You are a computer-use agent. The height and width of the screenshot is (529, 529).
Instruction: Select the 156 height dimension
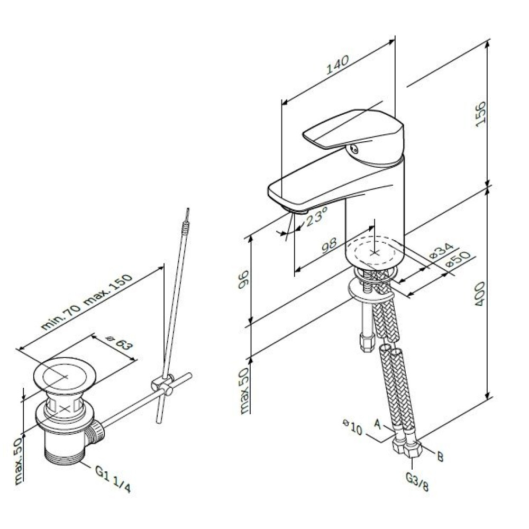coord(481,114)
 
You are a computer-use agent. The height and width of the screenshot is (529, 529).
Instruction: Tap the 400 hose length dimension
coord(480,294)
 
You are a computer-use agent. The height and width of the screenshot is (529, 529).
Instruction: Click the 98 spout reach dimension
coord(329,245)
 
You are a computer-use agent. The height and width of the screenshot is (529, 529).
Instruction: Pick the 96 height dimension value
coord(243,280)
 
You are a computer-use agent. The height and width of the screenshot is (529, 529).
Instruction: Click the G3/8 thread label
coord(417,481)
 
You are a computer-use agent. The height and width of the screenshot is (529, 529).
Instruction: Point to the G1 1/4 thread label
coord(113,479)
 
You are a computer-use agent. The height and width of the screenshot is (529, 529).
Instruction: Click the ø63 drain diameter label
coord(119,342)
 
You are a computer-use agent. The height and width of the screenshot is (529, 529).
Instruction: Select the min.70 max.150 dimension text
coord(86,302)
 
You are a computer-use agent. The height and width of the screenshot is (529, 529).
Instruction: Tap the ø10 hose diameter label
coord(352,427)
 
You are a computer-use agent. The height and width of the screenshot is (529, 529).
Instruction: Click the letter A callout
coord(378,424)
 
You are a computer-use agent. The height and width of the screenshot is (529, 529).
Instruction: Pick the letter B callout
coord(440,457)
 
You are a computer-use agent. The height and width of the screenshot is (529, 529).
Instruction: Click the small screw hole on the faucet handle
coord(353,148)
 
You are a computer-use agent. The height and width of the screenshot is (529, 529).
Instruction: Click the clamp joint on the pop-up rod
coord(162,384)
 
